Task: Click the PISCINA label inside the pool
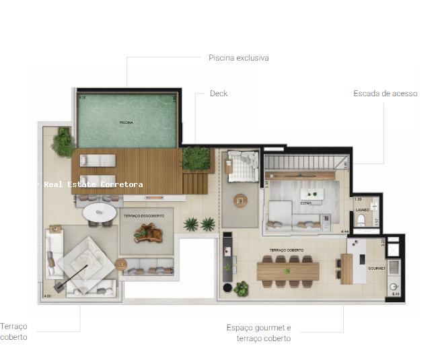pyautogui.click(x=126, y=122)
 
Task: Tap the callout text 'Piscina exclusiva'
pyautogui.click(x=238, y=58)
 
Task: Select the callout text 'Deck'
pyautogui.click(x=219, y=94)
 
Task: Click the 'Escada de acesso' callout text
pyautogui.click(x=385, y=94)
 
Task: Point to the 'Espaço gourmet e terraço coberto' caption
pyautogui.click(x=258, y=333)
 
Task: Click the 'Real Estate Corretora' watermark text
pyautogui.click(x=93, y=184)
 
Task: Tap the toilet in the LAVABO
pyautogui.click(x=363, y=220)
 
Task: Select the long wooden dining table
pyautogui.click(x=287, y=271)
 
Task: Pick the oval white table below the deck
pyautogui.click(x=100, y=214)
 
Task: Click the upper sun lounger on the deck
pyautogui.click(x=98, y=160)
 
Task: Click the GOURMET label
pyautogui.click(x=376, y=268)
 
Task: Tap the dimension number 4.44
pyautogui.click(x=345, y=231)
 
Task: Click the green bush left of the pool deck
pyautogui.click(x=63, y=142)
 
